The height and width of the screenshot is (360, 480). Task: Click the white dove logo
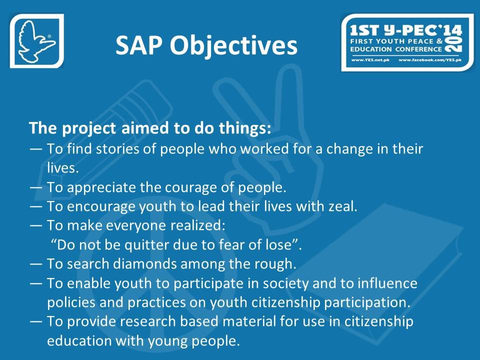(36, 41)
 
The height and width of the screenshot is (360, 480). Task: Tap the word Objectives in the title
(233, 45)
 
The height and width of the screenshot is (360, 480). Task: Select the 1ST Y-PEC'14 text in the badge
(405, 30)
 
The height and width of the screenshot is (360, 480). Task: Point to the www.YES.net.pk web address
(370, 59)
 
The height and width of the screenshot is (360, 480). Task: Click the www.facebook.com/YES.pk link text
(430, 59)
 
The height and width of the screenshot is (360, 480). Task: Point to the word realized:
(198, 225)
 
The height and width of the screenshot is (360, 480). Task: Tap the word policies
(71, 302)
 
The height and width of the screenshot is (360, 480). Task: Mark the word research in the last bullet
(147, 321)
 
